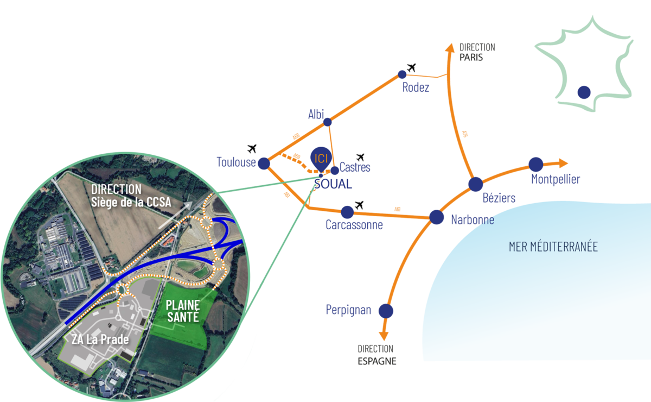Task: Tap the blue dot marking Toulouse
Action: [x=264, y=163]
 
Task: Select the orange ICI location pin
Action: [x=321, y=158]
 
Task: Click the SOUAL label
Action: [x=333, y=184]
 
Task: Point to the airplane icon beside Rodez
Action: [x=411, y=67]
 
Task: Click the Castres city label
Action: [x=355, y=167]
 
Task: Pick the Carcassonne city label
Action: [x=355, y=224]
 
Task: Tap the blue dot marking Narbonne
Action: [x=437, y=217]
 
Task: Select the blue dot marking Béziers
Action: [x=476, y=184]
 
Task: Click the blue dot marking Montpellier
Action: [x=535, y=164]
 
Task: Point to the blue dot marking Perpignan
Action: [x=386, y=311]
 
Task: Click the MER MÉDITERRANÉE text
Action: [x=553, y=247]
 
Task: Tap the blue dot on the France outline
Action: [x=584, y=92]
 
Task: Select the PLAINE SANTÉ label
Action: [x=183, y=311]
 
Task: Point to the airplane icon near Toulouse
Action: [x=251, y=148]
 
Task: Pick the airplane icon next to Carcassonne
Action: [x=359, y=205]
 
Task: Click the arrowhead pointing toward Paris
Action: [x=449, y=47]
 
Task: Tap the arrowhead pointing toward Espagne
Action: [x=384, y=336]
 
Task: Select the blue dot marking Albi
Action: [x=328, y=122]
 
